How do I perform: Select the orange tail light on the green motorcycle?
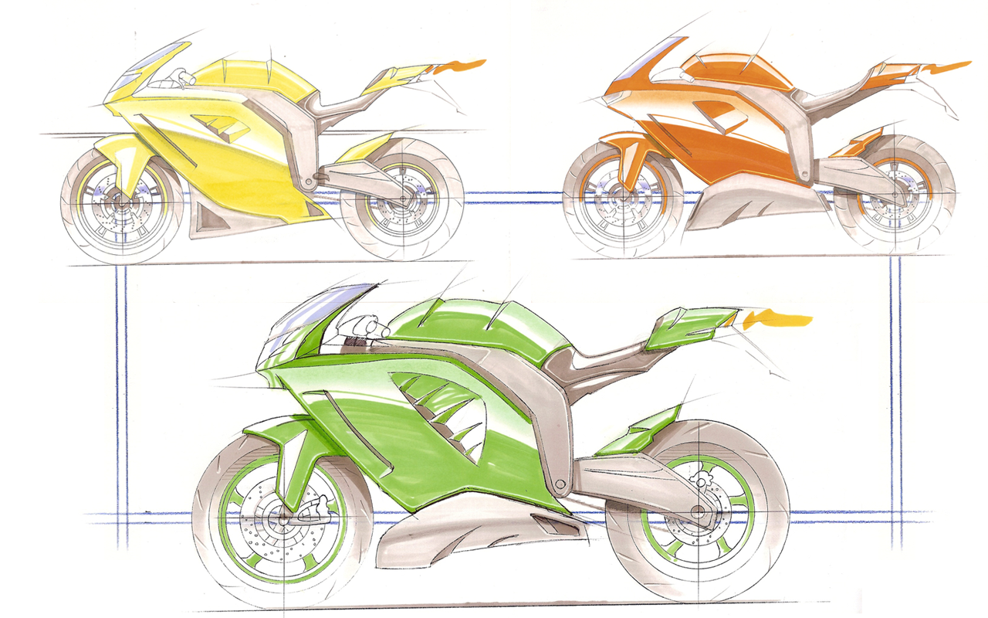tap(776, 317)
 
